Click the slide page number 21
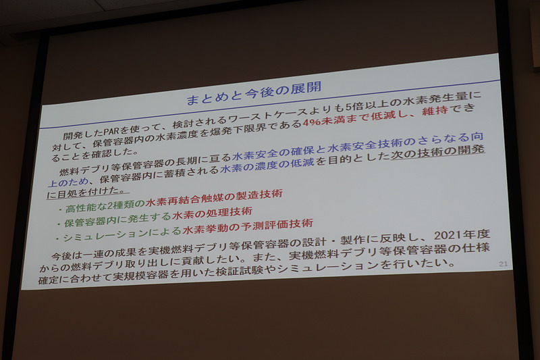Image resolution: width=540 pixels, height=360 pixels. coord(502,263)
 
